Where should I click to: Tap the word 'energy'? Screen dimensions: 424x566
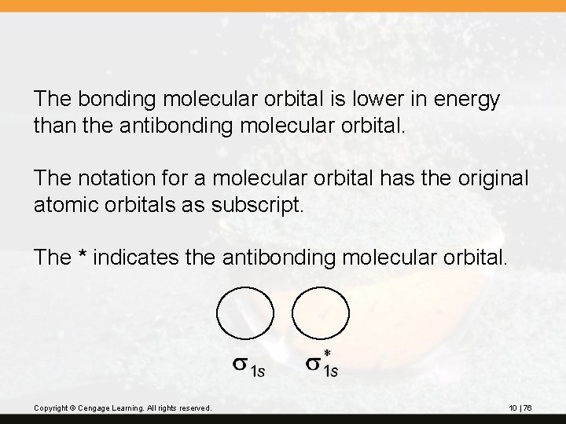[464, 101]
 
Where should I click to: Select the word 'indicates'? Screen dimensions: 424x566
[143, 257]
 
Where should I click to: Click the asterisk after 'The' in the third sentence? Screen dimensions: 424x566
[83, 256]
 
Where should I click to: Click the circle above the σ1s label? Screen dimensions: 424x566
[245, 314]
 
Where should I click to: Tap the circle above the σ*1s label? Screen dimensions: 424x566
[321, 314]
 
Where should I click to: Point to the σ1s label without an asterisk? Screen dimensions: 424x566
[248, 367]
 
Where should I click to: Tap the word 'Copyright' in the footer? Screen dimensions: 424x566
[51, 408]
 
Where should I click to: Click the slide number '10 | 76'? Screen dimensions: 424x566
[520, 408]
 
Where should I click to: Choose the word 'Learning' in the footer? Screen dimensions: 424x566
[130, 408]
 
